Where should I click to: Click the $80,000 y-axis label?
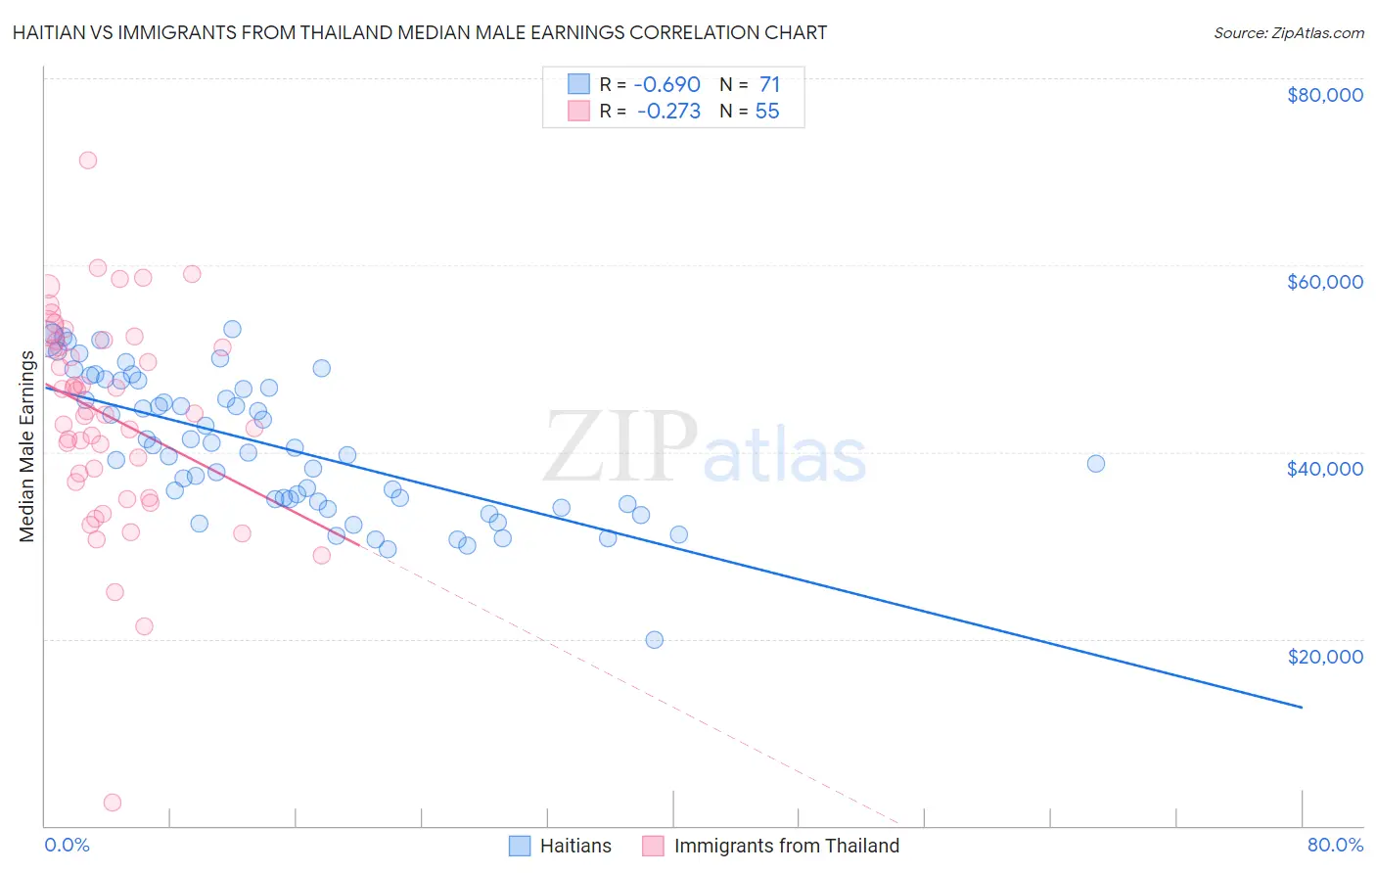point(1324,95)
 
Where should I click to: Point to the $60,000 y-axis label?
point(1324,282)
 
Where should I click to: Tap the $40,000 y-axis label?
point(1324,469)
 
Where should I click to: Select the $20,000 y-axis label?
point(1324,656)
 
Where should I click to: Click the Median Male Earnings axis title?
point(27,445)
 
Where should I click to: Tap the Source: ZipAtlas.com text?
point(1288,32)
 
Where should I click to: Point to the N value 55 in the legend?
point(767,112)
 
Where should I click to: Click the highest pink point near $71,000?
point(88,161)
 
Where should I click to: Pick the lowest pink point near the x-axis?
point(113,803)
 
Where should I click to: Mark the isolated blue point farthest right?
point(1096,464)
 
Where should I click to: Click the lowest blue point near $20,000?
point(655,640)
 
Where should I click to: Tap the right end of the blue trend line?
point(1302,707)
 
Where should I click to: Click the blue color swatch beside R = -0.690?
point(578,84)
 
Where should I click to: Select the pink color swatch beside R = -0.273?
point(578,112)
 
